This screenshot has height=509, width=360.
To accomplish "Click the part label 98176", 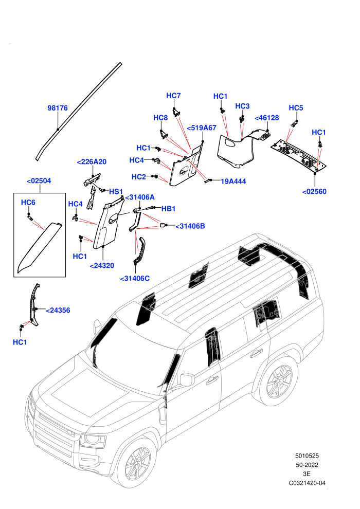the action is [x=58, y=108].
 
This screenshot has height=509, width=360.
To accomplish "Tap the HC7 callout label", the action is [x=173, y=96].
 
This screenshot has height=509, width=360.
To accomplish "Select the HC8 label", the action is [x=160, y=118].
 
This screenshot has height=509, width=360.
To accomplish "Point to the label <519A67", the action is [x=202, y=128].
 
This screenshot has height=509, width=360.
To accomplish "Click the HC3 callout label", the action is [x=242, y=106].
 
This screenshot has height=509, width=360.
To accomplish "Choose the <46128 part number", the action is [x=267, y=118].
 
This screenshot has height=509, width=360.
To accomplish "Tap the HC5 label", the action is [x=296, y=108].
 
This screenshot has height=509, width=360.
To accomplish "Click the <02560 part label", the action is [x=314, y=192].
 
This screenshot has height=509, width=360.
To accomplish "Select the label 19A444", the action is [x=233, y=181].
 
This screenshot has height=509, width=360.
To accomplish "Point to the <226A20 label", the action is [x=92, y=161].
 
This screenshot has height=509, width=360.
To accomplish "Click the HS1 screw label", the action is [x=116, y=192].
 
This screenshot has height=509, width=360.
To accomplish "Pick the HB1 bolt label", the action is [x=169, y=209].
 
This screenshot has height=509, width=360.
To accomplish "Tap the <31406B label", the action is [x=190, y=226].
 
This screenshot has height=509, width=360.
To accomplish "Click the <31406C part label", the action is [x=135, y=279].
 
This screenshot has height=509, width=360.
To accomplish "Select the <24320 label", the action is [x=102, y=265].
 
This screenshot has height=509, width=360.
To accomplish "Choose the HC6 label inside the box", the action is [x=28, y=202].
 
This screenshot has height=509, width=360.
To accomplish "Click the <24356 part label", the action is [x=58, y=311].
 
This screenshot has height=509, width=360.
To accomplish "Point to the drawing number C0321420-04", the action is [x=307, y=483].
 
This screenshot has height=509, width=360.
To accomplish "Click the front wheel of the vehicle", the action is [x=138, y=461].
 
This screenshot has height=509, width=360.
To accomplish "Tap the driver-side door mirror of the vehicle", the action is [x=187, y=379].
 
